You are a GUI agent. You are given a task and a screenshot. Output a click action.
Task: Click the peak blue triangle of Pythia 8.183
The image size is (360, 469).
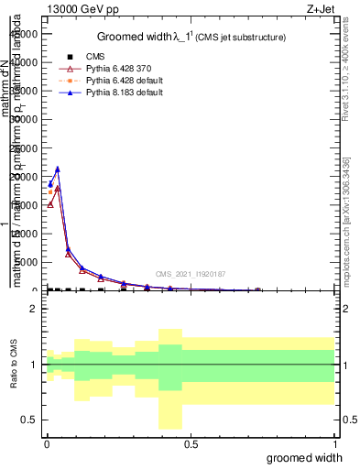pos(58,169)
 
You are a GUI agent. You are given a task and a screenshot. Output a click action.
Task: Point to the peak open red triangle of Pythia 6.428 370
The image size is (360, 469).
pos(58,188)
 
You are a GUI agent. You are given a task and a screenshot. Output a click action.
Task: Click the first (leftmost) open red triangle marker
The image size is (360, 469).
pos(50,203)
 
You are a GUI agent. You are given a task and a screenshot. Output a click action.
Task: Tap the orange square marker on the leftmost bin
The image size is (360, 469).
pos(50,191)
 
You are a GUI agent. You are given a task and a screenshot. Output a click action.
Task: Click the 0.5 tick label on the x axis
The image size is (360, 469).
pos(191,443)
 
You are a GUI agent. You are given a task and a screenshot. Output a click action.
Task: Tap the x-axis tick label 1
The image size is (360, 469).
pos(335,443)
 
